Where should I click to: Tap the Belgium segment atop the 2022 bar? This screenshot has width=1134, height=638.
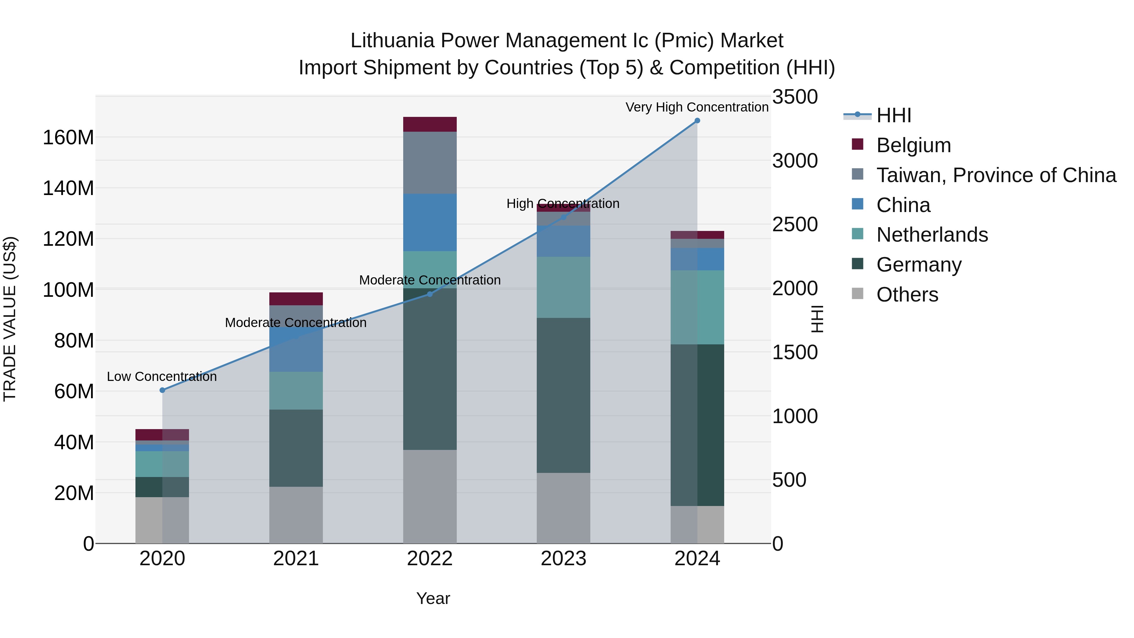click(430, 124)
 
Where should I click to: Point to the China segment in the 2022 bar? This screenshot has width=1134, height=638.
click(430, 222)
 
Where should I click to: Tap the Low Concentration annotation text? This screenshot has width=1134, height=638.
click(162, 376)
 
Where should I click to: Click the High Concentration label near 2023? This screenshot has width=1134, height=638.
click(563, 204)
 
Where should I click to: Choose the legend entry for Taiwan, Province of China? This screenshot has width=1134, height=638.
click(996, 175)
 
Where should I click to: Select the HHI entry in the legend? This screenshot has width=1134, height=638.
click(893, 115)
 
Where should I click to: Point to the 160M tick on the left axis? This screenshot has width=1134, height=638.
click(68, 138)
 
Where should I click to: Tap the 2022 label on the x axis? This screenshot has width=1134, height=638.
click(430, 559)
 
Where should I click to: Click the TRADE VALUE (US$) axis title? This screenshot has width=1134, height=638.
click(10, 319)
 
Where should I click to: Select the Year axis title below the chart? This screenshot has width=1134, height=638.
click(433, 598)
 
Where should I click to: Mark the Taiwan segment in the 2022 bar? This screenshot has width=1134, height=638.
click(430, 163)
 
